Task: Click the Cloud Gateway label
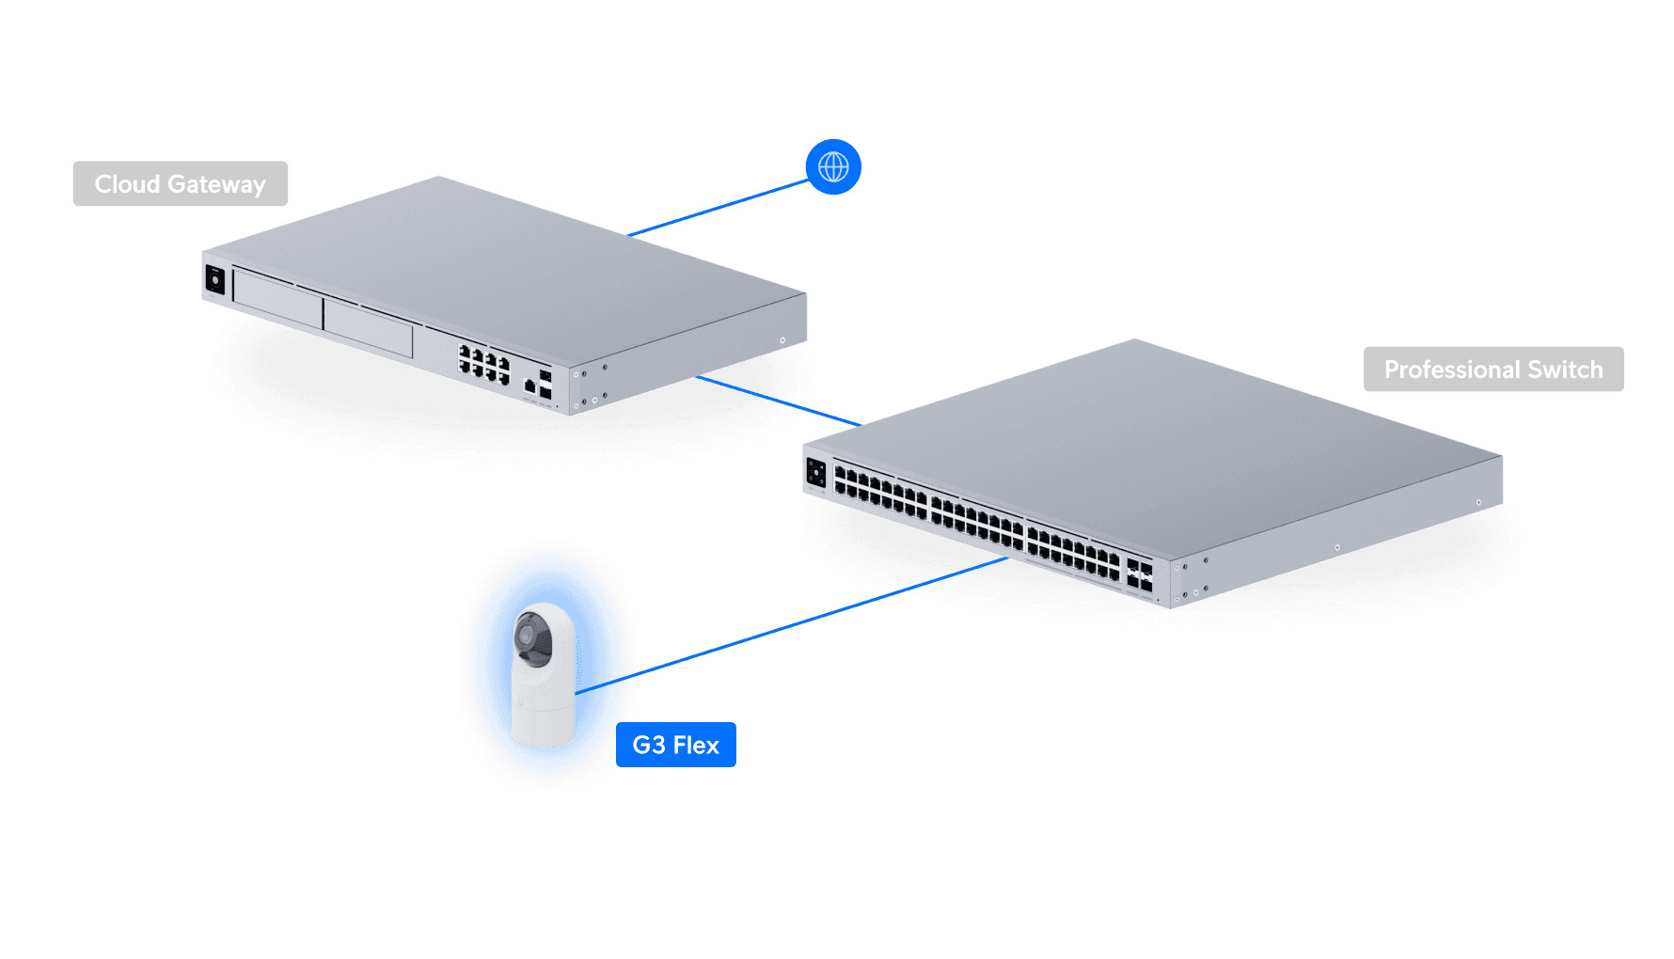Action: [181, 184]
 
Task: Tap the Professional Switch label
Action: [1492, 369]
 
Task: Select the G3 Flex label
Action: [675, 745]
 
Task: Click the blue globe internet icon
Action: [833, 167]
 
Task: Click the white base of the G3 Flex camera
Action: [543, 719]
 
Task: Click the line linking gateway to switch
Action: [776, 400]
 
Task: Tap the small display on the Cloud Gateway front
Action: [215, 280]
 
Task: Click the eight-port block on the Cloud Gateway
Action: [484, 363]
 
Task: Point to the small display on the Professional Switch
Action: [815, 473]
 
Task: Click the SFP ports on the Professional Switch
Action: [1139, 575]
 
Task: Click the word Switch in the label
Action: [1565, 369]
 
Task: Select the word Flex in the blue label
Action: [696, 745]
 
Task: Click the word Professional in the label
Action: [1452, 369]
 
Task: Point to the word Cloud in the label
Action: [127, 184]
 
